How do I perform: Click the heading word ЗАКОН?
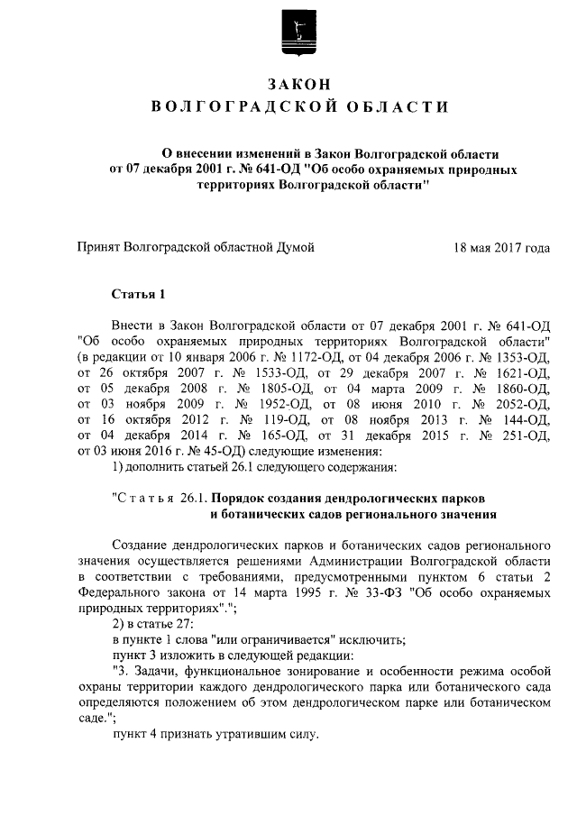[298, 84]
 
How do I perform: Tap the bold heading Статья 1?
[138, 294]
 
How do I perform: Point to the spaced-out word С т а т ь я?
[149, 498]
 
